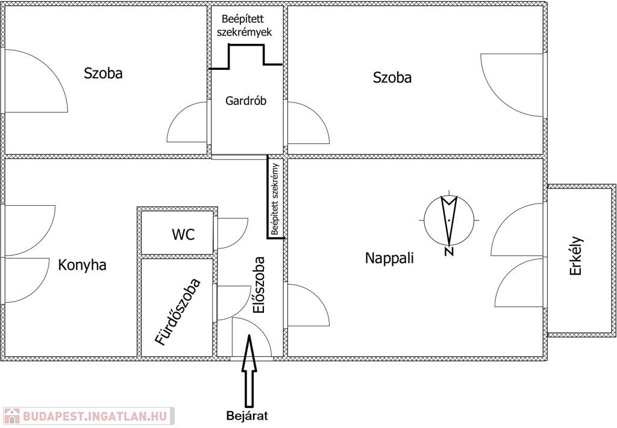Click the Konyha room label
tap(82, 265)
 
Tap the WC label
tap(183, 235)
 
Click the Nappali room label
tap(389, 258)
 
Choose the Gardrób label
tap(246, 101)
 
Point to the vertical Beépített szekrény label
tap(275, 198)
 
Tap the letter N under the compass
tap(449, 252)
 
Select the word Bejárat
tap(246, 415)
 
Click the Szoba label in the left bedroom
tap(103, 73)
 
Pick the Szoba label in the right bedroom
tap(392, 77)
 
